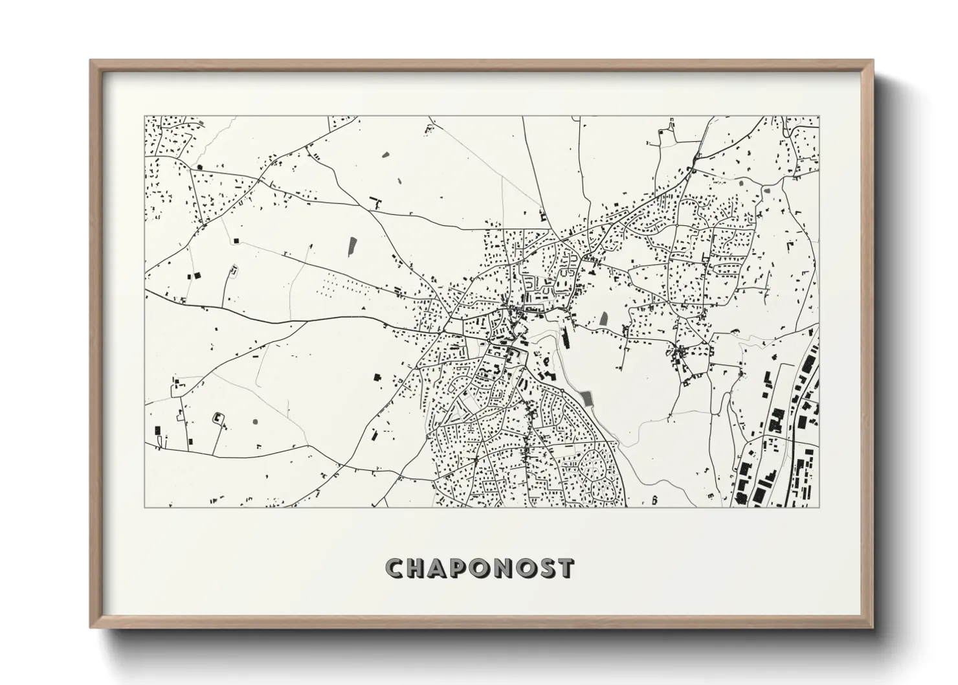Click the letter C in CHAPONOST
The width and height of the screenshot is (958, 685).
395,568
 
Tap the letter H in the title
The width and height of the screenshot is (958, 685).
418,568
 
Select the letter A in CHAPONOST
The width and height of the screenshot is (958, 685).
440,568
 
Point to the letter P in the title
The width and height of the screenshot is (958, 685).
462,568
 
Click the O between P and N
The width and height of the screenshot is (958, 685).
483,568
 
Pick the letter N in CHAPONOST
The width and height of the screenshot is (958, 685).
506,568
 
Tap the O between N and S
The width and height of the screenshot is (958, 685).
528,568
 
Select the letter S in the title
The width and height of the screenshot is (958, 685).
549,568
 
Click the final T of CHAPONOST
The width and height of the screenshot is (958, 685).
567,568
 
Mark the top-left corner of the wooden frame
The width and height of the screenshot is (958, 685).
91,60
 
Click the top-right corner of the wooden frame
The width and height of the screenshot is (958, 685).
873,60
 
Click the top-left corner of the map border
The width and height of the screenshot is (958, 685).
144,117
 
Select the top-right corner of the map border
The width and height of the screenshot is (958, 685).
819,117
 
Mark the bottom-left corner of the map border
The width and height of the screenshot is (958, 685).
144,507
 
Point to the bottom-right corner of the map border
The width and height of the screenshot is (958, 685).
819,507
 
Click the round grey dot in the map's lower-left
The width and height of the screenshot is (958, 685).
254,421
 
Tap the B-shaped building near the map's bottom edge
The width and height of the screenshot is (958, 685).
654,499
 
